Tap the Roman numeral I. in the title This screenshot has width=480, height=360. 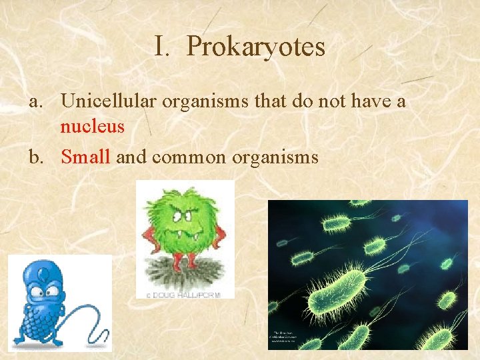[x=164, y=47]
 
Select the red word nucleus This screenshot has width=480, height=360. [x=92, y=127]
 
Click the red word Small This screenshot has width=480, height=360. [x=85, y=157]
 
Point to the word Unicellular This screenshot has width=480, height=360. [x=107, y=101]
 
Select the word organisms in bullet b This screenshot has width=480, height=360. [x=271, y=157]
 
